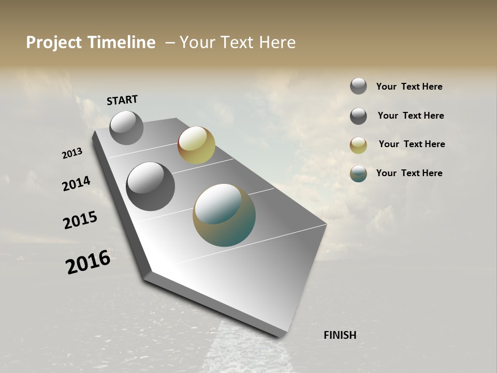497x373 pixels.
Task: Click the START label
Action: [x=122, y=100]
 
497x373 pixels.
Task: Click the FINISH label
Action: [x=340, y=335]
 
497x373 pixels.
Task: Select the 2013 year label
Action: [x=72, y=153]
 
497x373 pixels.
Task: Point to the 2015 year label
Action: [x=80, y=220]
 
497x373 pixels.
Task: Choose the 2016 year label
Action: [x=88, y=262]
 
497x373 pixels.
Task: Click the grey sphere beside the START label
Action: [x=126, y=128]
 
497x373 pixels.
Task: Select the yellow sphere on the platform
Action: [x=196, y=145]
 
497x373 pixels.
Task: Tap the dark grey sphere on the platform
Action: [x=150, y=187]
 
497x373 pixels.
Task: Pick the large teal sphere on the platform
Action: [x=224, y=215]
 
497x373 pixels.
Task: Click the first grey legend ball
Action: [x=358, y=86]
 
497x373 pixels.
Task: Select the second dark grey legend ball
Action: [x=358, y=116]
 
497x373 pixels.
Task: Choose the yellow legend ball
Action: [x=358, y=145]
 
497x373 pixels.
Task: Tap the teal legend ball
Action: [x=358, y=174]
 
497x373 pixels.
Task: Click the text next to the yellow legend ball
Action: [x=412, y=144]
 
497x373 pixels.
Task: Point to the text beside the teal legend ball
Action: [x=409, y=173]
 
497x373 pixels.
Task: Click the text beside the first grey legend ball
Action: [x=409, y=87]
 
